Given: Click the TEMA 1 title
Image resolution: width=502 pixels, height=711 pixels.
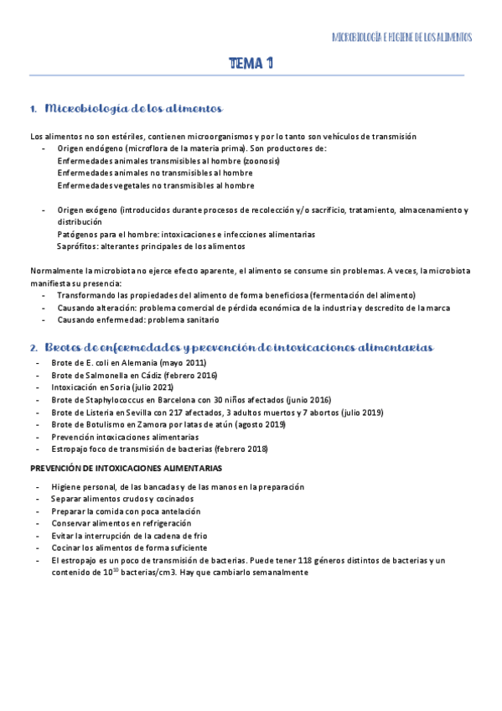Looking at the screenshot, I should (251, 64).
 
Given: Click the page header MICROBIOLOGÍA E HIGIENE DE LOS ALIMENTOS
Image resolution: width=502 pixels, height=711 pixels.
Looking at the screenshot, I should (402, 38).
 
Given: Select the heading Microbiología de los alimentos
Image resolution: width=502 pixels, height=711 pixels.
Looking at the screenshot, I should (133, 109).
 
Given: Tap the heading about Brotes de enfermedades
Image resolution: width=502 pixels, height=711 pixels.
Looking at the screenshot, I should (238, 347).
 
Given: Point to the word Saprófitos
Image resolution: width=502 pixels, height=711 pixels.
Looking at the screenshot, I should (76, 247).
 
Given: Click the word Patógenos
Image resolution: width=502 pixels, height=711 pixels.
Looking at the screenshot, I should (77, 235).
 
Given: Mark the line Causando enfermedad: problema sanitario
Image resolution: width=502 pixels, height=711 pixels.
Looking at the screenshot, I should (137, 319).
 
